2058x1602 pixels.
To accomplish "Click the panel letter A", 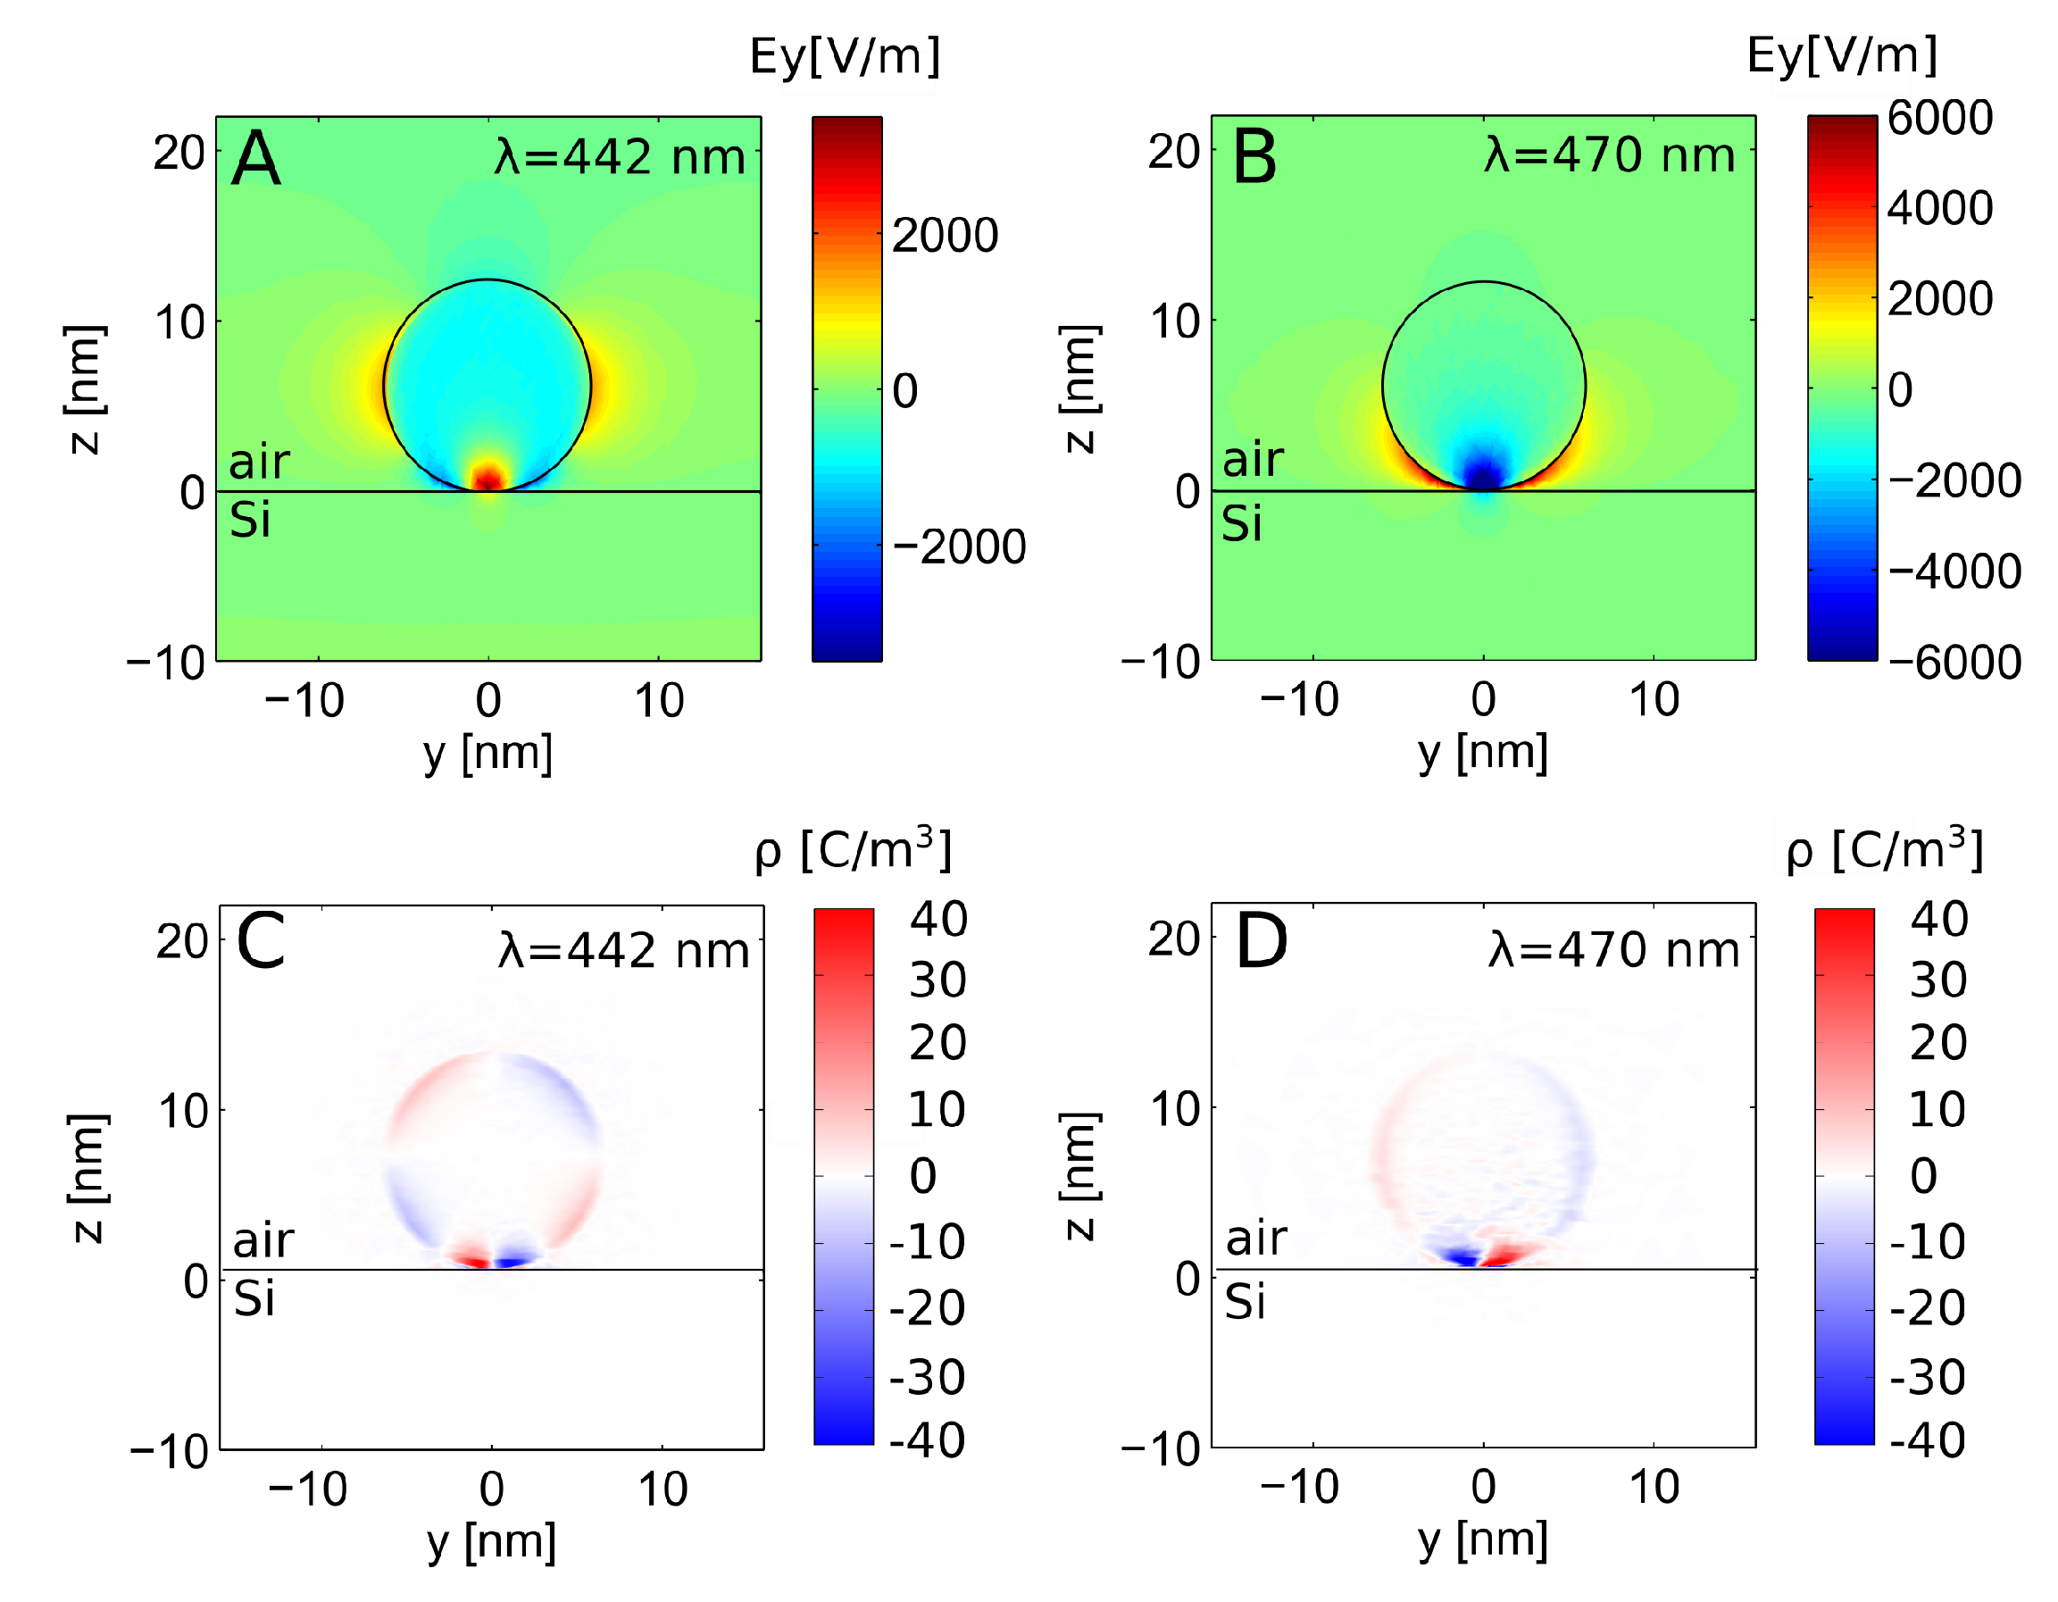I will click(x=256, y=159).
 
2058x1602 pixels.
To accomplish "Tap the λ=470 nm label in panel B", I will click(x=1610, y=154).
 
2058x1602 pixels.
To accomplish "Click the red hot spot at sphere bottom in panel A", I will click(x=488, y=477).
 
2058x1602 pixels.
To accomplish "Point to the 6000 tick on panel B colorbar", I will click(x=1940, y=119).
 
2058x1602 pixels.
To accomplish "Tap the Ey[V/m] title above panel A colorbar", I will click(x=846, y=56).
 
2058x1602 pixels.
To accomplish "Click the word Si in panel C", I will click(x=254, y=1300).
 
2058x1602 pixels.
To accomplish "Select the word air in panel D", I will click(x=1256, y=1239).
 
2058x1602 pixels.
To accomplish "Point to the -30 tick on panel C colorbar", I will click(x=928, y=1378).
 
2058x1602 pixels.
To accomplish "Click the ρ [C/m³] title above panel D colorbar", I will click(x=1885, y=850).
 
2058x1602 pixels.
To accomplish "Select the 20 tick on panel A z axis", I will click(x=179, y=153).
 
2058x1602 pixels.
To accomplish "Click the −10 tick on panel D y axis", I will click(x=1299, y=1487).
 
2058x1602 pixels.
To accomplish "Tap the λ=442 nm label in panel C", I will click(x=624, y=950).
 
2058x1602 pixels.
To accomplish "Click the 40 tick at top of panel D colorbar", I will click(x=1939, y=919).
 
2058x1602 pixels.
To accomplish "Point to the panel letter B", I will click(x=1255, y=157).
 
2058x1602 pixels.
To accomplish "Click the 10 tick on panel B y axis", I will click(x=1654, y=699).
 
